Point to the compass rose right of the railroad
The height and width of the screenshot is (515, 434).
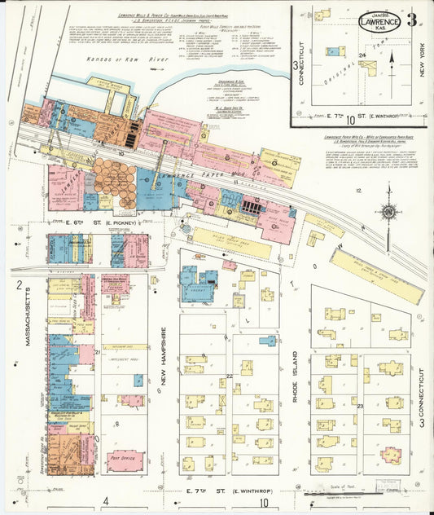click(388, 212)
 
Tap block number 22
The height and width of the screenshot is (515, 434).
click(230, 376)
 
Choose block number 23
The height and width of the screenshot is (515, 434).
click(359, 405)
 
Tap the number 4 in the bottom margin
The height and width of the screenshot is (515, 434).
click(106, 502)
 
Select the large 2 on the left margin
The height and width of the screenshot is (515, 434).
click(18, 284)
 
